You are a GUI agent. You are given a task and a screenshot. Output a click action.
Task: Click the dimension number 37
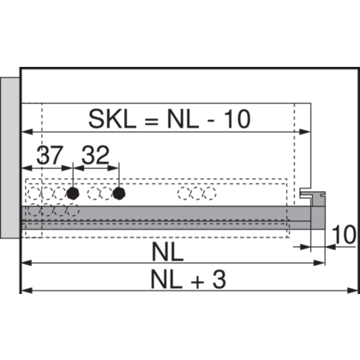pos(49,155)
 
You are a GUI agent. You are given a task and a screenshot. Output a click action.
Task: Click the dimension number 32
pos(95,155)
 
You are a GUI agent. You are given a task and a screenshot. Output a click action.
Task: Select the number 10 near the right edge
pos(345,235)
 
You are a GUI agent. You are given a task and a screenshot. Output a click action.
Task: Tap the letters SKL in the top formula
pos(112,118)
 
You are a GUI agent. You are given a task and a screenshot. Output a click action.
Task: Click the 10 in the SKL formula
pos(237,118)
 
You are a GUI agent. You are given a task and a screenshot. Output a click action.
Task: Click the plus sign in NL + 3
pos(198,282)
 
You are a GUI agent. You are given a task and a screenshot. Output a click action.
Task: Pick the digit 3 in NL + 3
pos(219,279)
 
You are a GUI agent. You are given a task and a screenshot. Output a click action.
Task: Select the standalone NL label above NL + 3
pos(167,252)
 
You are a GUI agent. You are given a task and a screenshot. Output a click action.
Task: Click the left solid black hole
pos(73,194)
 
